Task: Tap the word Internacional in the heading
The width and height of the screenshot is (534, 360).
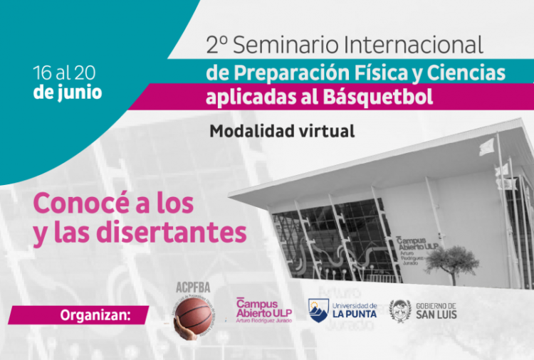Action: click(x=412, y=45)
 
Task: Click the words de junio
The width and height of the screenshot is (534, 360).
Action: click(x=67, y=92)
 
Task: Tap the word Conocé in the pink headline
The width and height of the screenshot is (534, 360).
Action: click(x=80, y=203)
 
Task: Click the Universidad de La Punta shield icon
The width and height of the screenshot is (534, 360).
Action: click(x=318, y=310)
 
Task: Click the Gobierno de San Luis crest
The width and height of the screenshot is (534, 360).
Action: click(x=400, y=310)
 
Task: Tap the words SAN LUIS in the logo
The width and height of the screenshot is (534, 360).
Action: click(x=437, y=314)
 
